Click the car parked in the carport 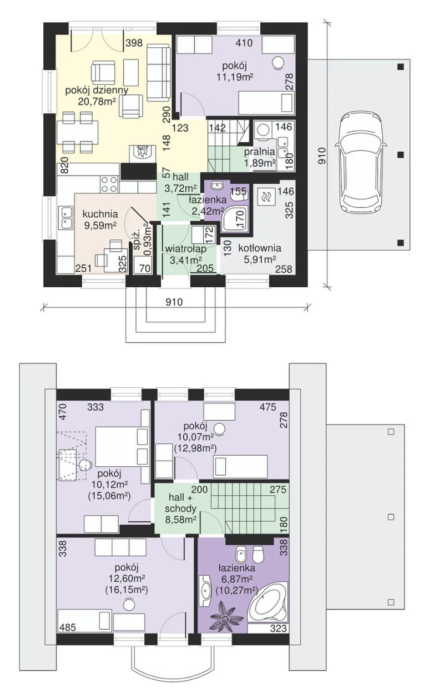(x=360, y=163)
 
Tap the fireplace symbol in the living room (x=142, y=153)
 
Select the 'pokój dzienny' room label (x=97, y=91)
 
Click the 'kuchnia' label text (x=100, y=215)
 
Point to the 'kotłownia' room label (x=260, y=248)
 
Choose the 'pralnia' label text (x=259, y=152)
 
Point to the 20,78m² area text (x=97, y=101)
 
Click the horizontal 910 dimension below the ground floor (x=174, y=302)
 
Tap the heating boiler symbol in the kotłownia (x=266, y=196)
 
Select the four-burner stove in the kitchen (x=109, y=184)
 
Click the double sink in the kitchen (x=66, y=217)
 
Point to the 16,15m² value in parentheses (x=127, y=589)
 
